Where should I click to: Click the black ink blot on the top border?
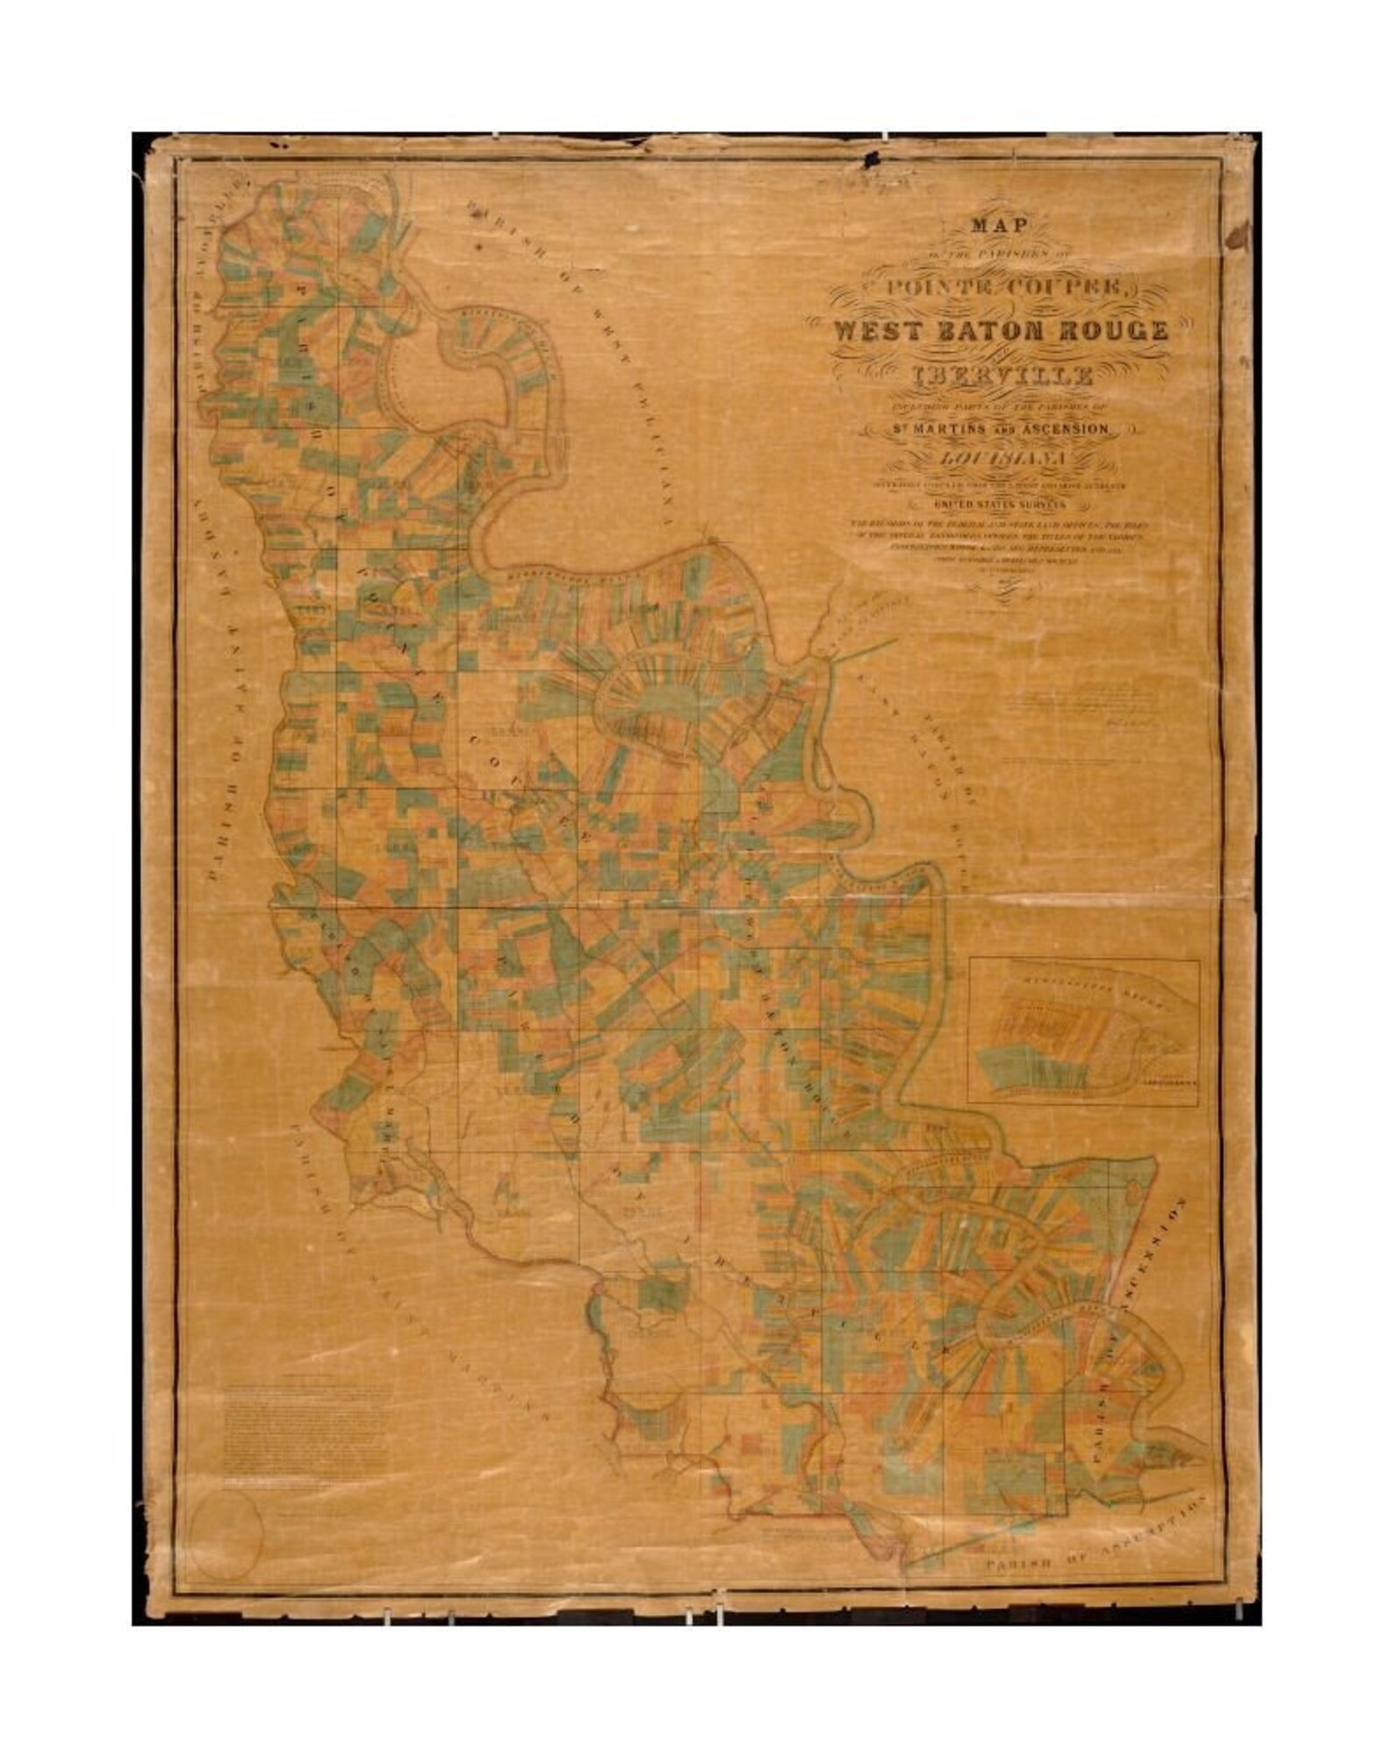(875, 161)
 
